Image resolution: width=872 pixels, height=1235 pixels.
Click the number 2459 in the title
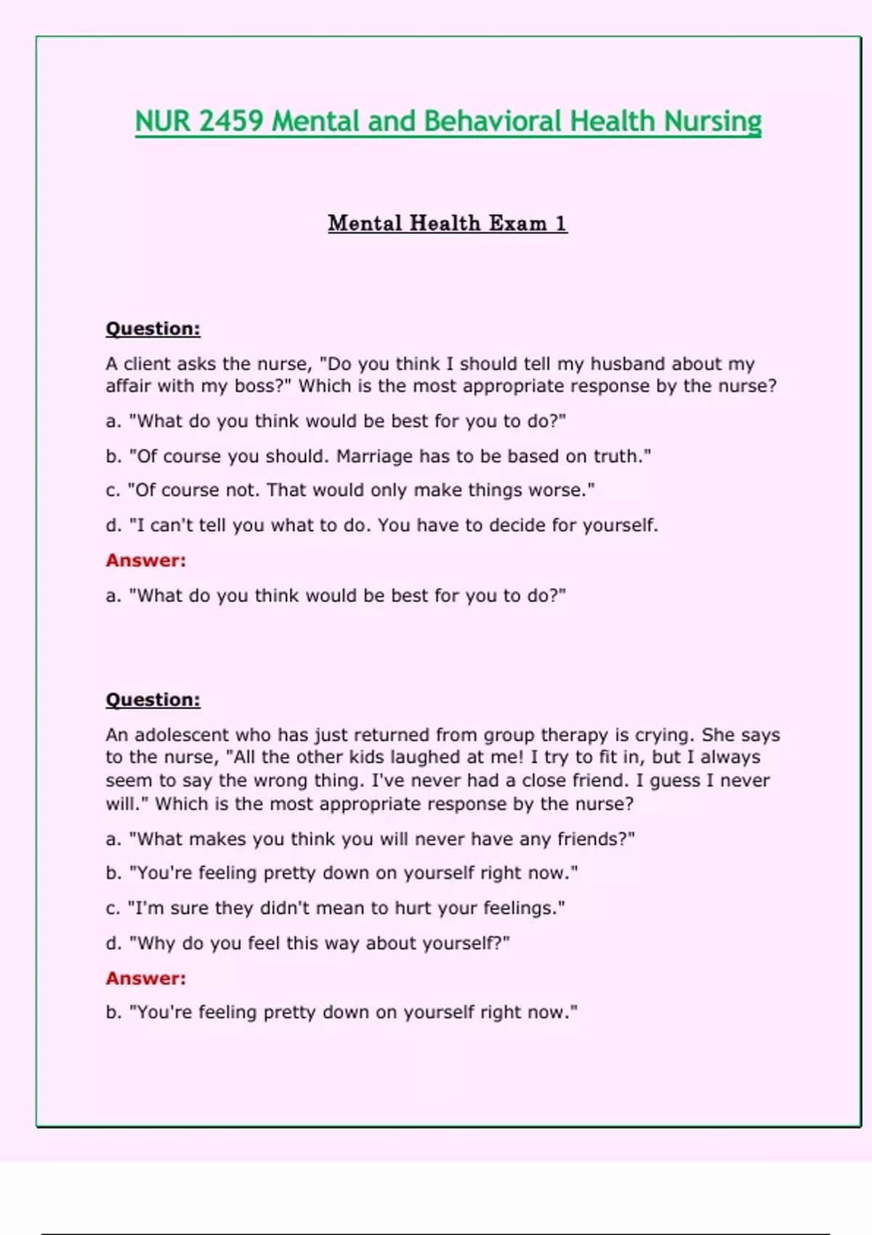[230, 121]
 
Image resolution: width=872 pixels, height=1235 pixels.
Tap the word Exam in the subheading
[517, 223]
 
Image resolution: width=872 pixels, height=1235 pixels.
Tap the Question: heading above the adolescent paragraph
[153, 700]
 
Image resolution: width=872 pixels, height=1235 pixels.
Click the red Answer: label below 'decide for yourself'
[146, 560]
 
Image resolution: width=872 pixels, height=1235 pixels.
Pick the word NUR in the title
[162, 121]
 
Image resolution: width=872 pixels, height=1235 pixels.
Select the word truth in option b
[618, 456]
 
